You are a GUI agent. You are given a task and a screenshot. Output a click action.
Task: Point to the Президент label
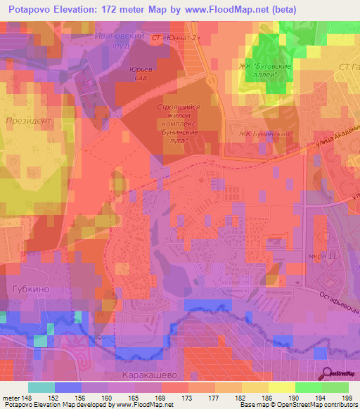(x=29, y=121)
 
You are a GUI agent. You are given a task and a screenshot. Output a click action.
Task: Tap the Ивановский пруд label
(x=117, y=39)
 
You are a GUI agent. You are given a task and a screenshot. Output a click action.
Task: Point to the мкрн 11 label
(x=322, y=256)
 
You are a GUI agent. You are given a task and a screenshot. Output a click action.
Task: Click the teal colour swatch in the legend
(x=41, y=387)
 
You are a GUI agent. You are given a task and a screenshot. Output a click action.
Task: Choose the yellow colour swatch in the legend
(x=282, y=387)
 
